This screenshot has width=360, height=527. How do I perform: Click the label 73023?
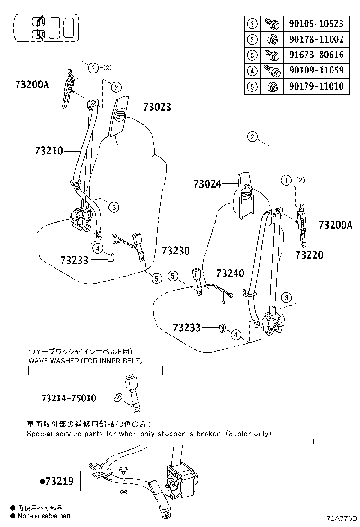tap(150, 108)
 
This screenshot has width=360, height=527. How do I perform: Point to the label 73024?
tap(207, 183)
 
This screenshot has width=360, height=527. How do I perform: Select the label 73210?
tap(49, 151)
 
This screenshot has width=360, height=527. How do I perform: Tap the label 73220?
tap(309, 255)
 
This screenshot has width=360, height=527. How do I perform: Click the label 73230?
tap(176, 251)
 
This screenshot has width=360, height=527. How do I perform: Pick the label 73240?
tap(230, 273)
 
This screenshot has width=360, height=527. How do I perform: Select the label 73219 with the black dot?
tap(56, 482)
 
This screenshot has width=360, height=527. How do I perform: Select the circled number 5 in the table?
tap(252, 87)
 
